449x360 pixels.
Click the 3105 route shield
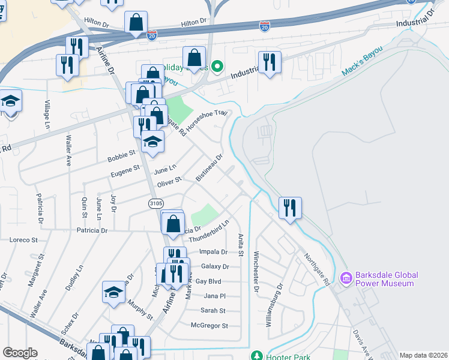pos(156,204)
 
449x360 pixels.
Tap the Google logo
pos(20,353)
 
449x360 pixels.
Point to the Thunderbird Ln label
pos(209,232)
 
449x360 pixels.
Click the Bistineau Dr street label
pos(209,167)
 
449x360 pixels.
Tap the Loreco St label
pos(23,240)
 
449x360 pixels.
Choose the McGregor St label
pos(209,326)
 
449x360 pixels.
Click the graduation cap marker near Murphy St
pos(113,292)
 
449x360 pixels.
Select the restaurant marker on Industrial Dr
pos(270,62)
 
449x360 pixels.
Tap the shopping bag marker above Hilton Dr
pos(136,23)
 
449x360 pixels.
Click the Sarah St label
pos(213,311)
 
